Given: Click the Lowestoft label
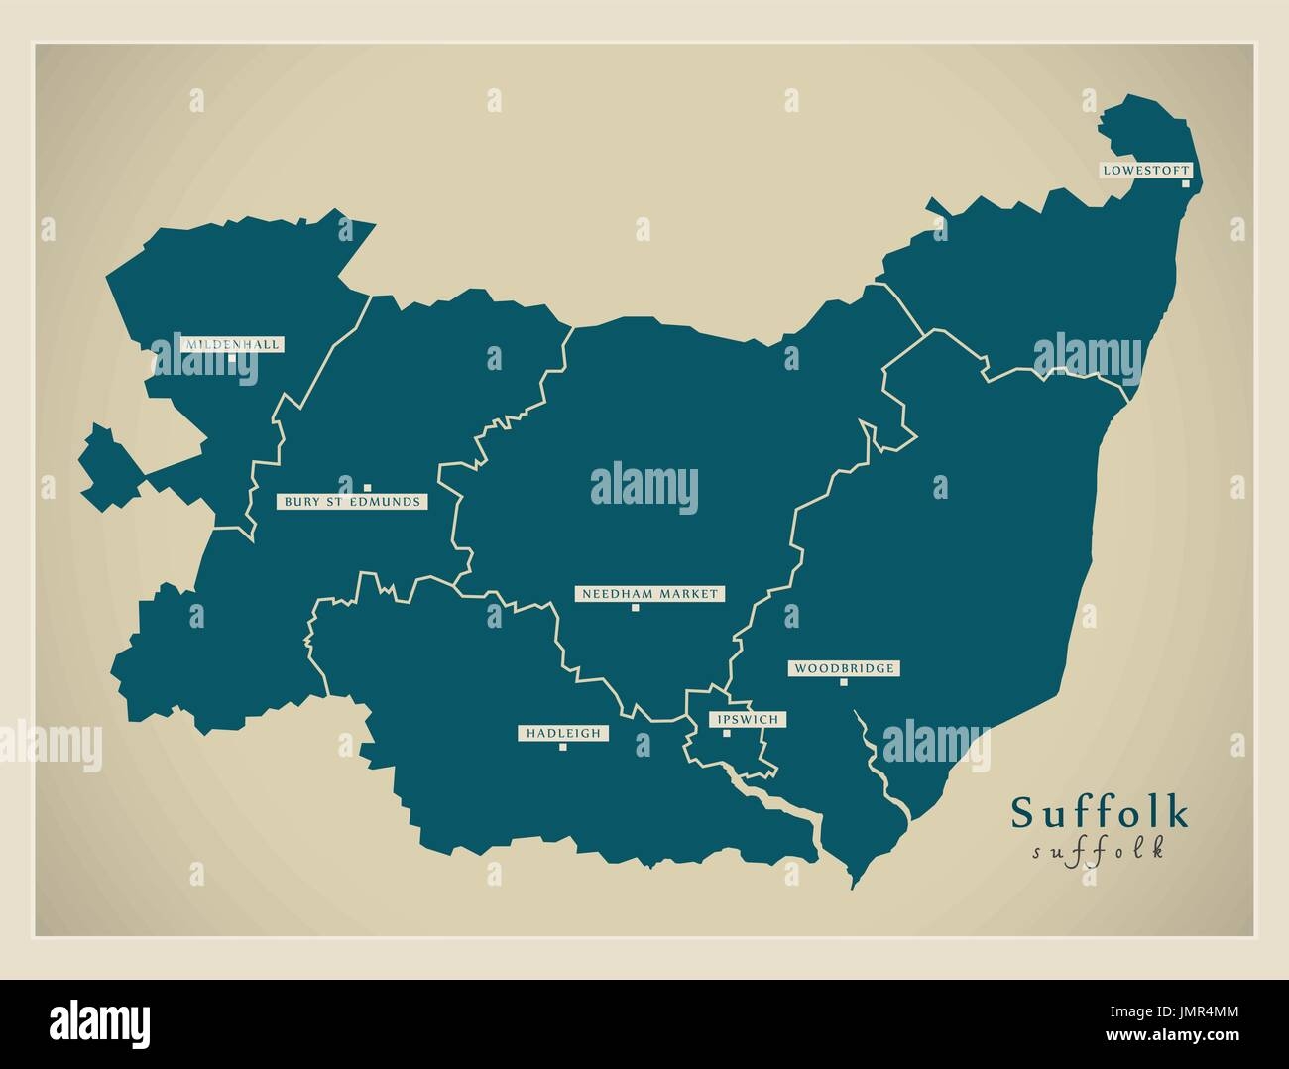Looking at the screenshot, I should click(1144, 171).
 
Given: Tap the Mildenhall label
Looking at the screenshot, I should click(232, 344).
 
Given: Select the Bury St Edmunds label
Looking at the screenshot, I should click(353, 502).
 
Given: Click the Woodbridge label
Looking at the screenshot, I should click(844, 668).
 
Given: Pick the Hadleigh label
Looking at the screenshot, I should click(563, 733).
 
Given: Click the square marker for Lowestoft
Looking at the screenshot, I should click(1185, 183).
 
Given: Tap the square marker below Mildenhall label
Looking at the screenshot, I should click(232, 358).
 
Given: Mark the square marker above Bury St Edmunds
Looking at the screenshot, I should click(367, 488).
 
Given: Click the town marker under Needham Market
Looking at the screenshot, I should click(636, 608).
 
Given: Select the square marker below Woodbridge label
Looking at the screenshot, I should click(844, 682).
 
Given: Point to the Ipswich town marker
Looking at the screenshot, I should click(726, 734).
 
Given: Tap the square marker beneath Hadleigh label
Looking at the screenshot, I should click(563, 747).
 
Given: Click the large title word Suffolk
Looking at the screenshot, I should click(1100, 813).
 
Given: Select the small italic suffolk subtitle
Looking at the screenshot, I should click(1098, 851).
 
